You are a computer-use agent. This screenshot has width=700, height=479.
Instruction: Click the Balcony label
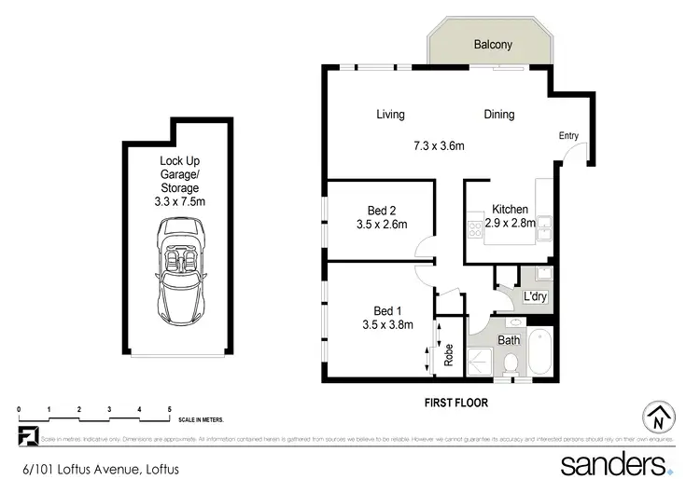(x=490, y=44)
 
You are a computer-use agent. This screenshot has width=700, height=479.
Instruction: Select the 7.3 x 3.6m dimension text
(x=439, y=145)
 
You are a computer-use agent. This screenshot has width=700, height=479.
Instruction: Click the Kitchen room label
(x=511, y=210)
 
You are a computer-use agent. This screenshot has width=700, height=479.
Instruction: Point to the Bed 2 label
(x=376, y=210)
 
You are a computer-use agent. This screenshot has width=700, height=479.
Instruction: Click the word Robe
(x=448, y=355)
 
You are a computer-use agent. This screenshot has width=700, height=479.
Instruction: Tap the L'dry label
(x=535, y=296)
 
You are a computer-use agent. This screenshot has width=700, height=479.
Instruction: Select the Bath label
(x=508, y=340)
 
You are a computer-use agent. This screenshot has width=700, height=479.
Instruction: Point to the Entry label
(x=568, y=136)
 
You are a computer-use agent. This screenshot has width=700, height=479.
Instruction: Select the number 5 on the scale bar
(x=169, y=410)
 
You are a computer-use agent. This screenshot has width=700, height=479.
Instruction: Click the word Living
(x=390, y=115)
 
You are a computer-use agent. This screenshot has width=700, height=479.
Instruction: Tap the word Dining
(x=498, y=115)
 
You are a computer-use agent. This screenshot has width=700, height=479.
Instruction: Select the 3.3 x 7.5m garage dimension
(x=178, y=200)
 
